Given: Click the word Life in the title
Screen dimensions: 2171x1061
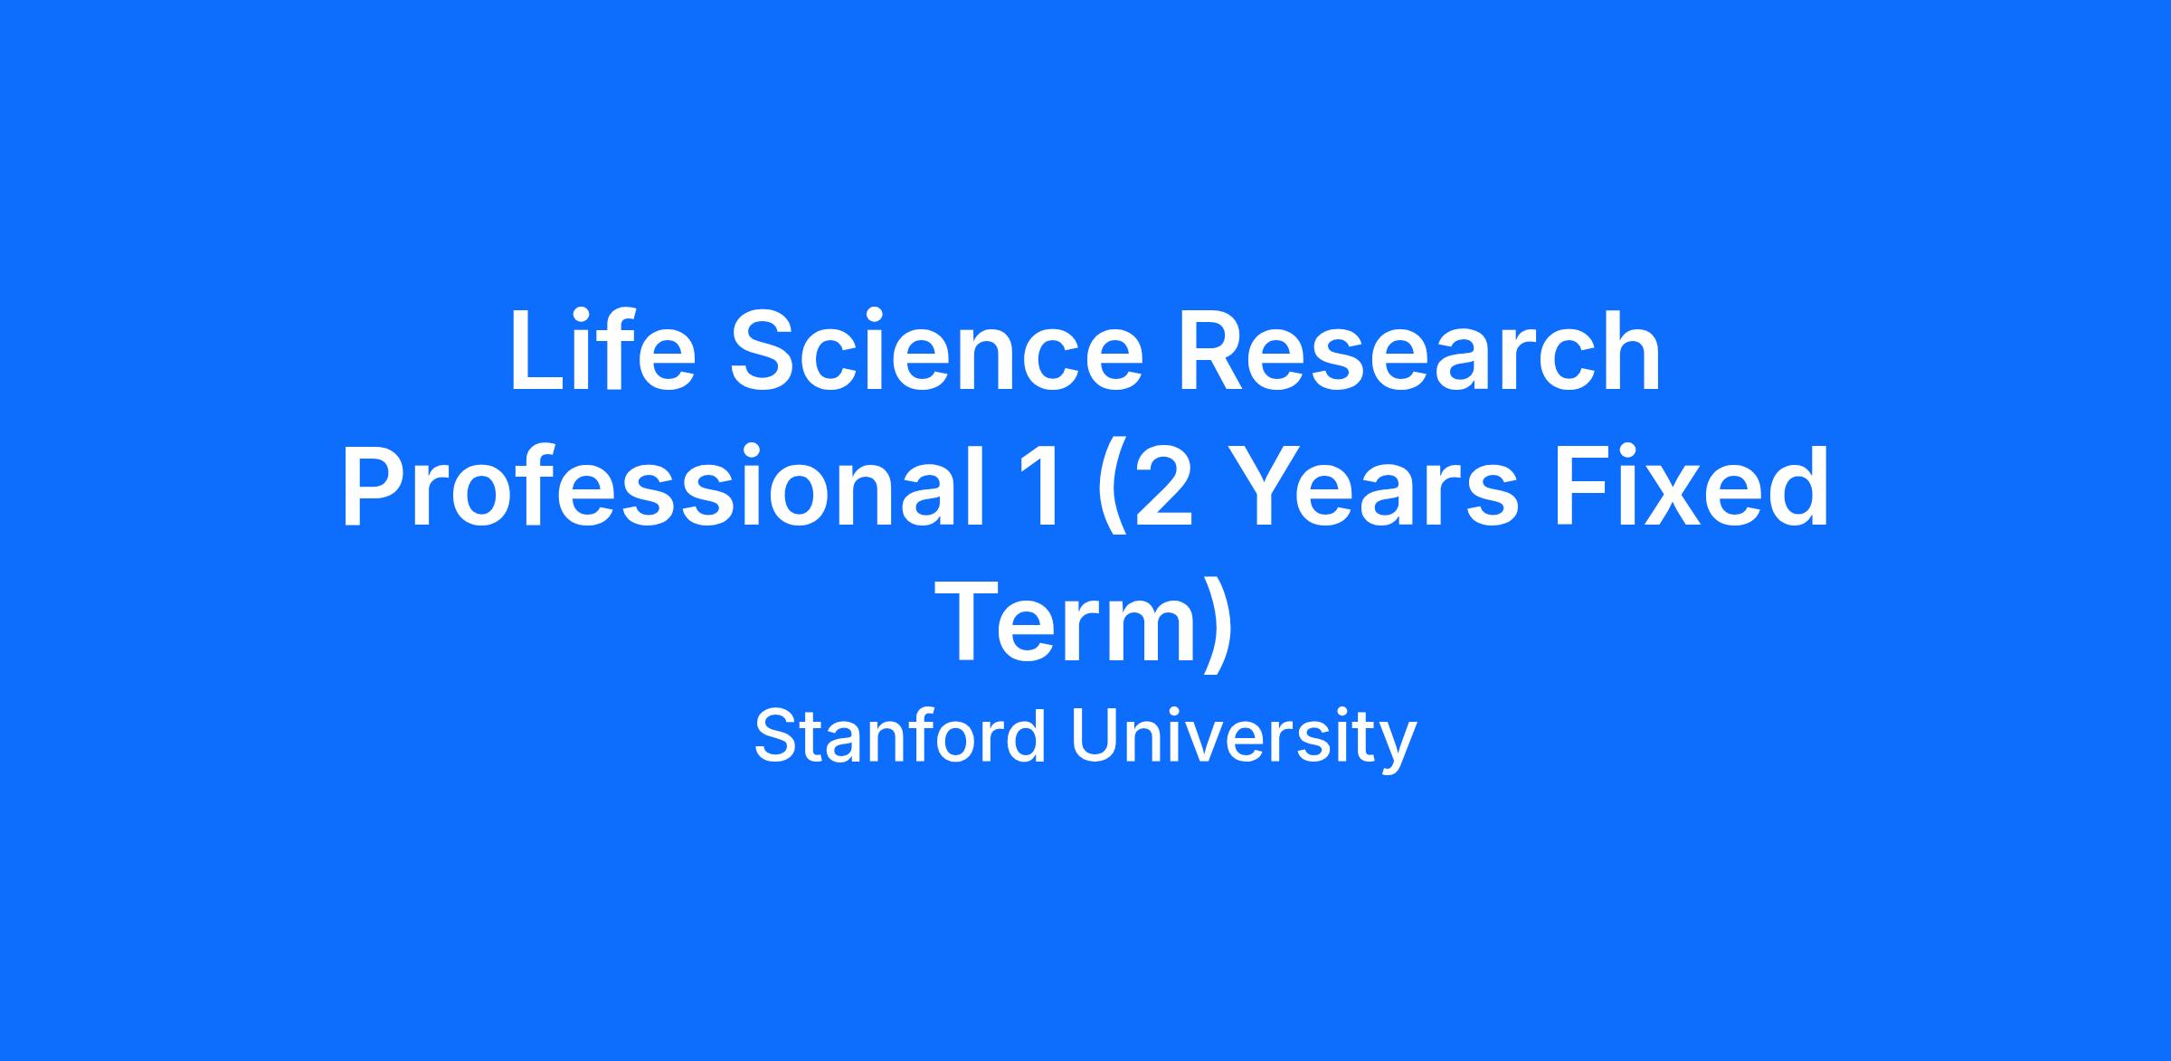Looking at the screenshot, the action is click(602, 351).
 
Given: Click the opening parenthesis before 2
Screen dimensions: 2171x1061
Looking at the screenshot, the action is click(1109, 492).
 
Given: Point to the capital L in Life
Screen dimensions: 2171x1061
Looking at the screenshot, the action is click(538, 351).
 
